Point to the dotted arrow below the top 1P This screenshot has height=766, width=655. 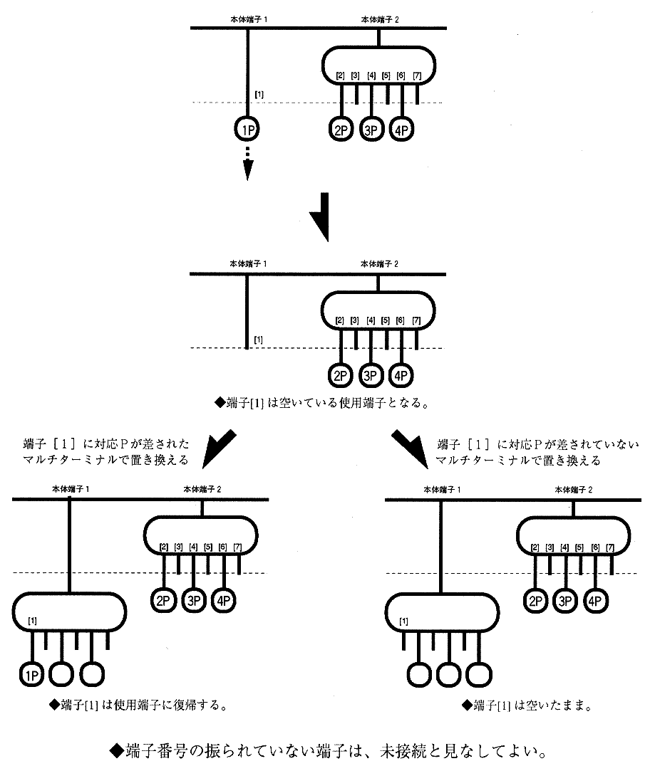pyautogui.click(x=247, y=162)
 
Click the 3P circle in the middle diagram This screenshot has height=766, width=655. pyautogui.click(x=371, y=374)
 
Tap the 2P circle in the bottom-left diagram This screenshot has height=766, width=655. pyautogui.click(x=164, y=599)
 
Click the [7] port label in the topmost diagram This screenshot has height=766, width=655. pyautogui.click(x=417, y=76)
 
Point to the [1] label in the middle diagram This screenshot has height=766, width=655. pyautogui.click(x=259, y=339)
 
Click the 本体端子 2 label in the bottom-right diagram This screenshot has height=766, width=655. pyautogui.click(x=573, y=490)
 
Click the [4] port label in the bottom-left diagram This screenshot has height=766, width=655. pyautogui.click(x=193, y=547)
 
